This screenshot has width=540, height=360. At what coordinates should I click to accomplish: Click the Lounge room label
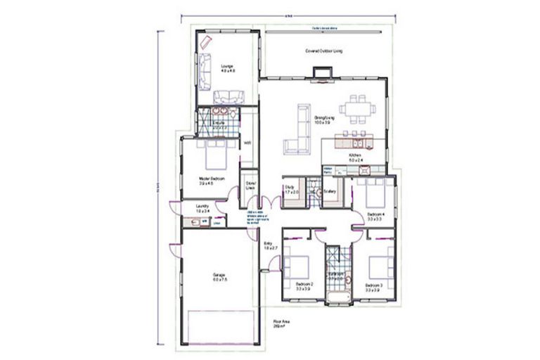pos(227,67)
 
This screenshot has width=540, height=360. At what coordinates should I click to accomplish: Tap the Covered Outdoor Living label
pos(323,51)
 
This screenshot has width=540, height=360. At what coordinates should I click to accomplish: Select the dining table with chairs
pos(357,109)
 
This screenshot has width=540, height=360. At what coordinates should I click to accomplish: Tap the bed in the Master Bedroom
pos(212,153)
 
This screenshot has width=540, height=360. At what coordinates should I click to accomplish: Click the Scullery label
pos(330,191)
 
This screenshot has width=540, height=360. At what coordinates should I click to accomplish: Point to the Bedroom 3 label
pos(373,286)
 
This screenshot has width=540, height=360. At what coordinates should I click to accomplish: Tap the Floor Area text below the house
pos(282,325)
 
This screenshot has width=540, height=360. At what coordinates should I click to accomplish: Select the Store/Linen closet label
pos(250,186)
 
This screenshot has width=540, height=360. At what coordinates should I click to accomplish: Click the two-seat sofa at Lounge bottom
pos(229,97)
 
